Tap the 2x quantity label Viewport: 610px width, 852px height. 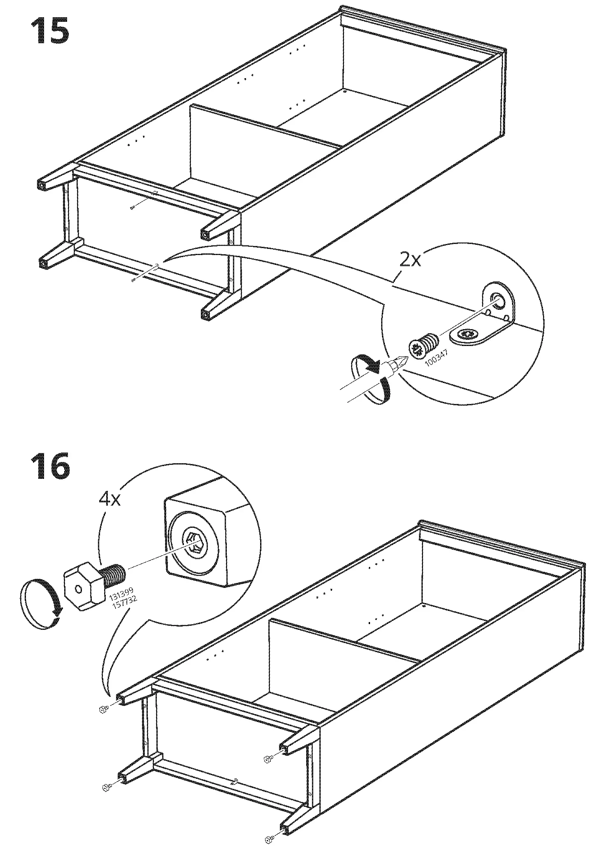[410, 260]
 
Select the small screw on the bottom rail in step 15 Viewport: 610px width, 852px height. [133, 280]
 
